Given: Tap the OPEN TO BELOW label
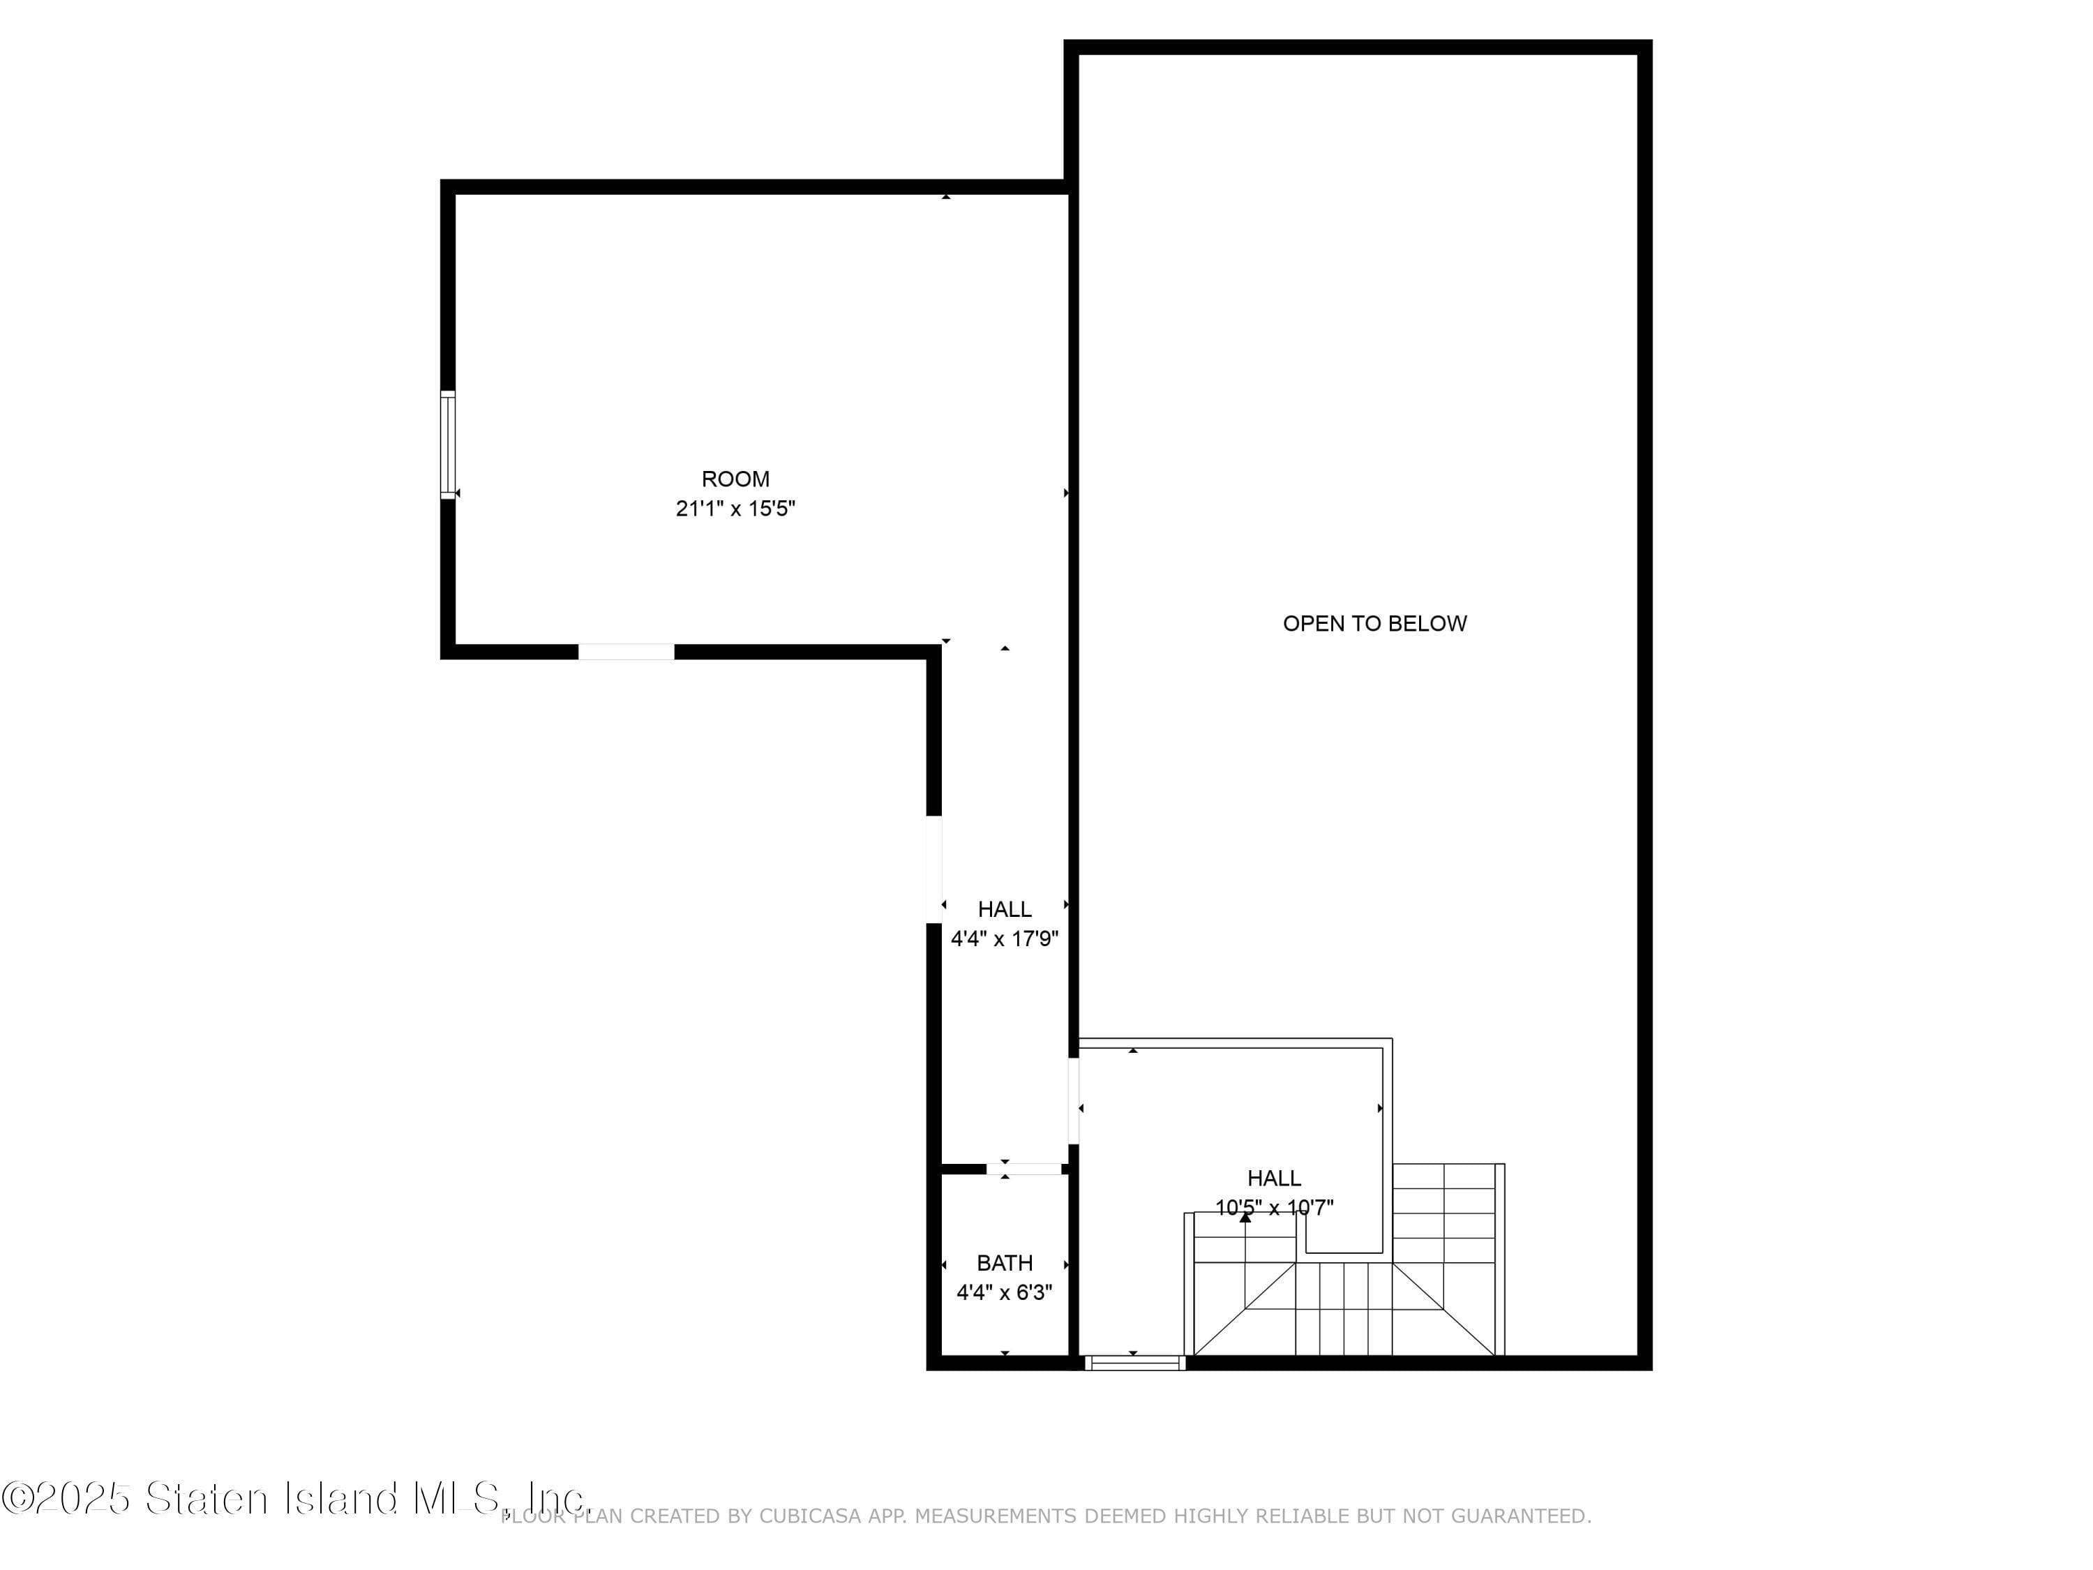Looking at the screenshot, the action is pos(1375,624).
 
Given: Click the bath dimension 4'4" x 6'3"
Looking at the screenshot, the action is pos(1005,1293).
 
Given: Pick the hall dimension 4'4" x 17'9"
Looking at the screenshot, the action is pos(1005,939).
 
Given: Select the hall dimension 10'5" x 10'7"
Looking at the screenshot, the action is pos(1275,1208).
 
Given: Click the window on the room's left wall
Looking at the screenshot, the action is pos(448,444).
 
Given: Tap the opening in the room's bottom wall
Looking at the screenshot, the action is pos(627,651).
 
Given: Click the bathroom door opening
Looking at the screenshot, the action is pos(1023,1169).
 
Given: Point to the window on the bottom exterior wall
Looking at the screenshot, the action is pos(1134,1363).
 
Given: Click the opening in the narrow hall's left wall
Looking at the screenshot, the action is pos(934,869).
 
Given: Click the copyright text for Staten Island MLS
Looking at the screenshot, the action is pos(295,1497).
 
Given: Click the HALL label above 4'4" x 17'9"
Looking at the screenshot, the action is pos(1005,909).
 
